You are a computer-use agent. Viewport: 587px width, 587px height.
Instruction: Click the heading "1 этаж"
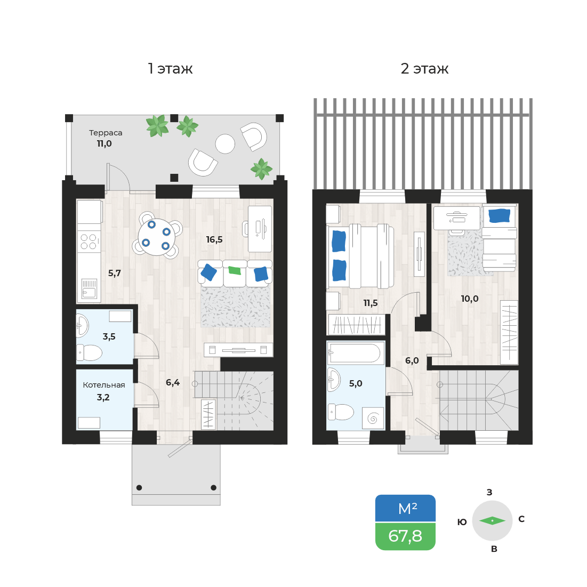coord(170,69)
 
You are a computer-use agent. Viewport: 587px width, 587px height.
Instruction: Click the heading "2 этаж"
coord(424,69)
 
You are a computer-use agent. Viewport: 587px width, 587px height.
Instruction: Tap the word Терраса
coord(106,133)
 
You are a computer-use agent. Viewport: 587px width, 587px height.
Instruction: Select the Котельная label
coord(104,385)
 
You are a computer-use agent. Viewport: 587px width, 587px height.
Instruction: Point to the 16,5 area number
coord(214,239)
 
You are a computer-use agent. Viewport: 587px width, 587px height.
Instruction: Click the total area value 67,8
coord(405,536)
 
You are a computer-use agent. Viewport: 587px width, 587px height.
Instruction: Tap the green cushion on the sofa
coord(235,270)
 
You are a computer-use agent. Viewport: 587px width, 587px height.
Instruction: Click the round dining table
coord(157,237)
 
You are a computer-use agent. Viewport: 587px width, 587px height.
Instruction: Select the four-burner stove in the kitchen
coord(89,242)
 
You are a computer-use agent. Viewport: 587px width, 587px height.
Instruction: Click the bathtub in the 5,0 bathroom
coord(356,353)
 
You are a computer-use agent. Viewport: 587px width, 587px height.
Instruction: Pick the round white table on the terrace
coord(225,144)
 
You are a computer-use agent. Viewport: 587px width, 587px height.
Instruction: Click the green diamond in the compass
coord(492,521)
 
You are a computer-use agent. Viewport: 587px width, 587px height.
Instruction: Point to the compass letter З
coord(489,492)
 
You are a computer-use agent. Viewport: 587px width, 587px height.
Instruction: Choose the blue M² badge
coord(405,509)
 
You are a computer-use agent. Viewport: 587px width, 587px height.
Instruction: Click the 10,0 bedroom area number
coord(470,299)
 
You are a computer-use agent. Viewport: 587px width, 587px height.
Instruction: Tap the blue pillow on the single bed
coord(500,215)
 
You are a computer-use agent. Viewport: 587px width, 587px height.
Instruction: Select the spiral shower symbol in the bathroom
coord(373,418)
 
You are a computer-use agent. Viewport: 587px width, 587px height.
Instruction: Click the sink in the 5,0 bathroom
coord(333,379)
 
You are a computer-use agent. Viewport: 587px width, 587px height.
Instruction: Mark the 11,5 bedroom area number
coord(370,303)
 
